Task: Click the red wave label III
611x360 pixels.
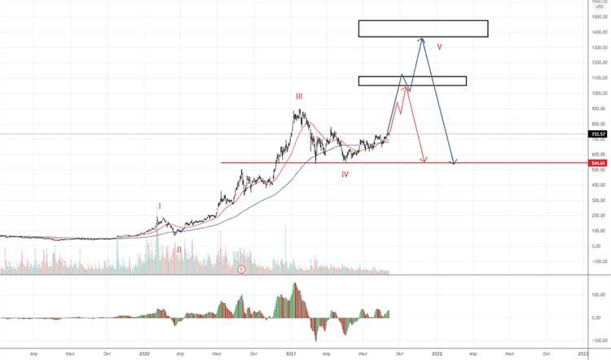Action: [x=299, y=96]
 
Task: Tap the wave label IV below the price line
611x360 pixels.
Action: [x=345, y=174]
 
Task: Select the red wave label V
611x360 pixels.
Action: [x=439, y=46]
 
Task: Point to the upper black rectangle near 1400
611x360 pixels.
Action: [x=422, y=29]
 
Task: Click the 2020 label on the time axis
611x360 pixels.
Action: [x=145, y=353]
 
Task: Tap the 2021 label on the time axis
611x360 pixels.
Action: [x=291, y=353]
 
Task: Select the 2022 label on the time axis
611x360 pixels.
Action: [x=437, y=353]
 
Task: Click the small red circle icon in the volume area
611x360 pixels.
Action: [x=241, y=268]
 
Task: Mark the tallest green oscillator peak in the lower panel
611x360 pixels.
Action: [x=296, y=285]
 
